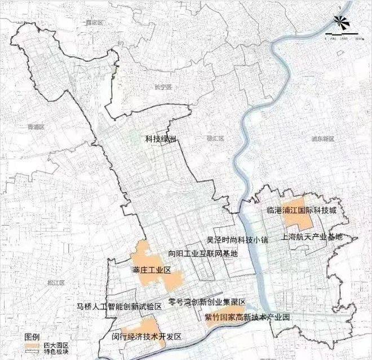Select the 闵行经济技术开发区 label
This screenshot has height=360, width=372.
tap(147, 336)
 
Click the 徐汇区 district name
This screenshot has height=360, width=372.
tap(216, 138)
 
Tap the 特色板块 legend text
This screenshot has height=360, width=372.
tap(54, 350)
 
